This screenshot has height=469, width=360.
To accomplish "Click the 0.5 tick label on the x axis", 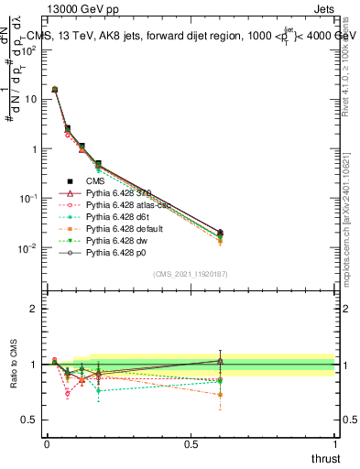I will [x=191, y=443].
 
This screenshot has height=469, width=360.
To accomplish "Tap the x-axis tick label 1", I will [x=334, y=443].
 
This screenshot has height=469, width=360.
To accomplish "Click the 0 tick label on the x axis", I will [x=47, y=443].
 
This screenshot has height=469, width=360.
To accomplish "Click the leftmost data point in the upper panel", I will [x=55, y=90].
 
